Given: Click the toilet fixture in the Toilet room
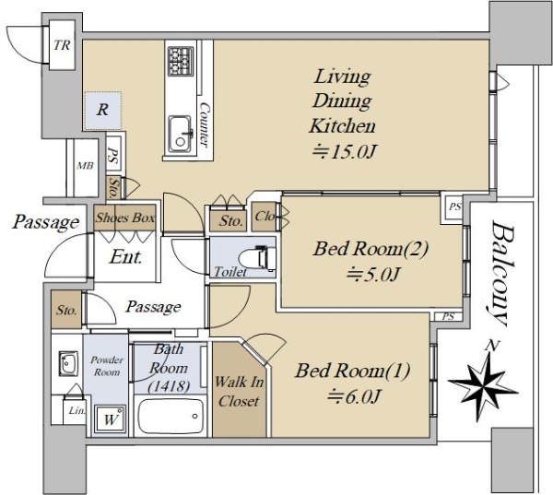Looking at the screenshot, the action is point(257,259).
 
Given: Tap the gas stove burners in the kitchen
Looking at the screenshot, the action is point(181,61).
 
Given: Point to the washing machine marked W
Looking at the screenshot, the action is point(110,418).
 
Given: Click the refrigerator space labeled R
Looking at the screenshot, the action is point(102,110).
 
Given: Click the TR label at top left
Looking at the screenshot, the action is point(62,45).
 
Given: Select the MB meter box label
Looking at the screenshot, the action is point(86,166).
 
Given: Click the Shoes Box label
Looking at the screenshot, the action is point(125,218).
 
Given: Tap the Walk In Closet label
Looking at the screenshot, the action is point(239,391).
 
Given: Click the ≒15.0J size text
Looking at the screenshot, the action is point(345,152).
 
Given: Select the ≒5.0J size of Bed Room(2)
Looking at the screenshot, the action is point(373,274).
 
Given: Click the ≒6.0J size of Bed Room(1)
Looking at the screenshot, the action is point(354,396).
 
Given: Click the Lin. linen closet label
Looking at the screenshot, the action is point(76,411).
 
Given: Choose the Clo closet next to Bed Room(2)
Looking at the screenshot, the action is point(265,216).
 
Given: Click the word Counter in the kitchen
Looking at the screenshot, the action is point(205,124).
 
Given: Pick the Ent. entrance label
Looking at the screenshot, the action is point(126,257).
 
